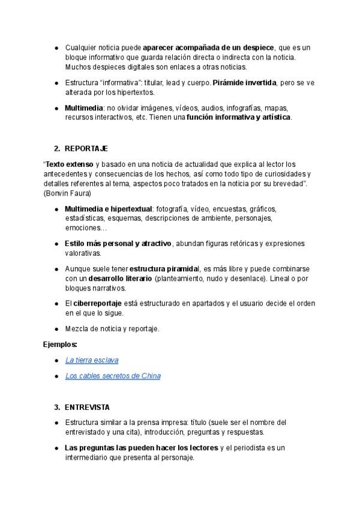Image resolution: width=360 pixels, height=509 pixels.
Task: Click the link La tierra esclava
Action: click(92, 360)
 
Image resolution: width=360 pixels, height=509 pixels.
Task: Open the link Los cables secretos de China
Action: click(113, 376)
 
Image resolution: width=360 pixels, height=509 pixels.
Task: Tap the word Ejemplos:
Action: click(60, 345)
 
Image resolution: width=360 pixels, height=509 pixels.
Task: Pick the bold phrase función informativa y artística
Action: click(238, 117)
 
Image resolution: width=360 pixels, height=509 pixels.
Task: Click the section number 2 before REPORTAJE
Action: click(56, 148)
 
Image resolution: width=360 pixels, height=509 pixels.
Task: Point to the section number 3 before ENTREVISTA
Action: click(56, 407)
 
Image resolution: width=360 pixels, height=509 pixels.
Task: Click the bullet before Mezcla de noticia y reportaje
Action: click(56, 329)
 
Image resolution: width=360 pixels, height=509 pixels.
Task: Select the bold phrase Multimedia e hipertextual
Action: click(109, 208)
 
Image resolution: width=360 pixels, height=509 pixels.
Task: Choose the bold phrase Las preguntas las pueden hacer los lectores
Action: click(142, 448)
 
